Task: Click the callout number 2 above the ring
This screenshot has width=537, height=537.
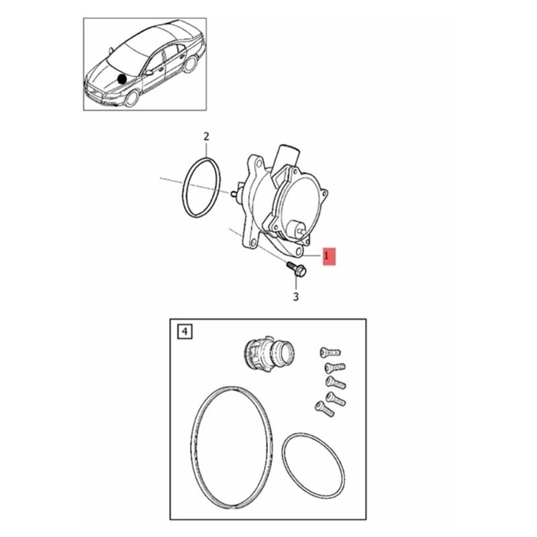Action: pos(207,137)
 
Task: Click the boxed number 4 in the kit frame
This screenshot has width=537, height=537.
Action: pos(184,330)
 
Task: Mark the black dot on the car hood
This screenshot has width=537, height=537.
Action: pos(121,79)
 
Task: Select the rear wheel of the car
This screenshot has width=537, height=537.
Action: pos(189,65)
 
